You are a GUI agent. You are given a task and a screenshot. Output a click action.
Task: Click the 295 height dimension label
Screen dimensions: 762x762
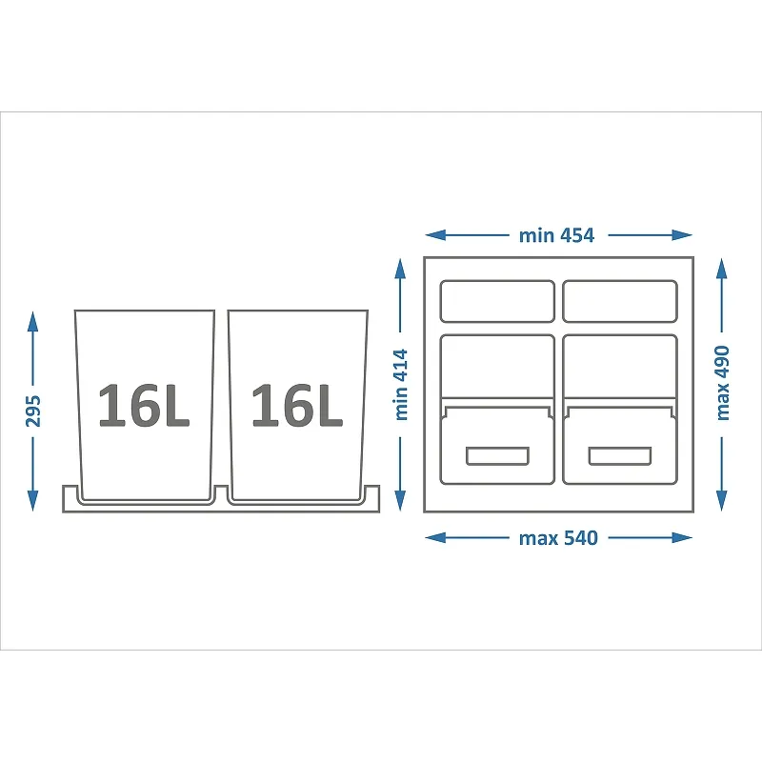33,411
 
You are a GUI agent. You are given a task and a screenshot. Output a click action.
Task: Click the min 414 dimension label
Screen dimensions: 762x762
401,385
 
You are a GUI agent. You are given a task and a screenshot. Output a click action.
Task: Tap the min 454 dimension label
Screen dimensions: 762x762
557,235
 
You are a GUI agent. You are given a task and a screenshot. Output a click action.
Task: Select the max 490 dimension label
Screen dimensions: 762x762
723,383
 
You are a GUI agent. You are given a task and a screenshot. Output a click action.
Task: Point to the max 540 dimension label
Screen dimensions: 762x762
558,538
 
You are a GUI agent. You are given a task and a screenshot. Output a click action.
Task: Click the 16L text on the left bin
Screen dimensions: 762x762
144,405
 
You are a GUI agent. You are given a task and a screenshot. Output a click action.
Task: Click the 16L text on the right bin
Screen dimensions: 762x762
297,405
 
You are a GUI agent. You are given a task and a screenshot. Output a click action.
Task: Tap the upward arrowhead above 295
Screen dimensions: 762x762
32,322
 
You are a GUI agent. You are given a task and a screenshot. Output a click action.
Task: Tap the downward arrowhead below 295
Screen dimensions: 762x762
32,501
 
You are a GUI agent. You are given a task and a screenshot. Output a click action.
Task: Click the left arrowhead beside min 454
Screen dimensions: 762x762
435,235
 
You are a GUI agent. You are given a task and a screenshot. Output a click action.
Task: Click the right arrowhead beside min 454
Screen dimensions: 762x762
682,235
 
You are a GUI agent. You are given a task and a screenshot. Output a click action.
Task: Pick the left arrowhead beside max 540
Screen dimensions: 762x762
435,537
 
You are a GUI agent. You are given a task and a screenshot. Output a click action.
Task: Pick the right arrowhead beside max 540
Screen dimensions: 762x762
682,537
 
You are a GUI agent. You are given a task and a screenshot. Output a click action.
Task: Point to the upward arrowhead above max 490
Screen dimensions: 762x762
722,269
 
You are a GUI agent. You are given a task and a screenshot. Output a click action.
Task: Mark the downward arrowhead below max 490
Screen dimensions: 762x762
722,501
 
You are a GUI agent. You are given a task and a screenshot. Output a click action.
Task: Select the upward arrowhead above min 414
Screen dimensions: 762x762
400,269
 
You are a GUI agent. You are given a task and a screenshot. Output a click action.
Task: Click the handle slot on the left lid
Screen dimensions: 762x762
497,456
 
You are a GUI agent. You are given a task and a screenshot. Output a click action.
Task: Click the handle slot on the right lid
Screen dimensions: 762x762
620,456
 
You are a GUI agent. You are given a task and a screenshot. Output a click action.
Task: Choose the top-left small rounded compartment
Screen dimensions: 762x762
497,301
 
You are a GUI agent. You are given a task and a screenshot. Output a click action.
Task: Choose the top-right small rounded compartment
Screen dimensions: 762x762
620,301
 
